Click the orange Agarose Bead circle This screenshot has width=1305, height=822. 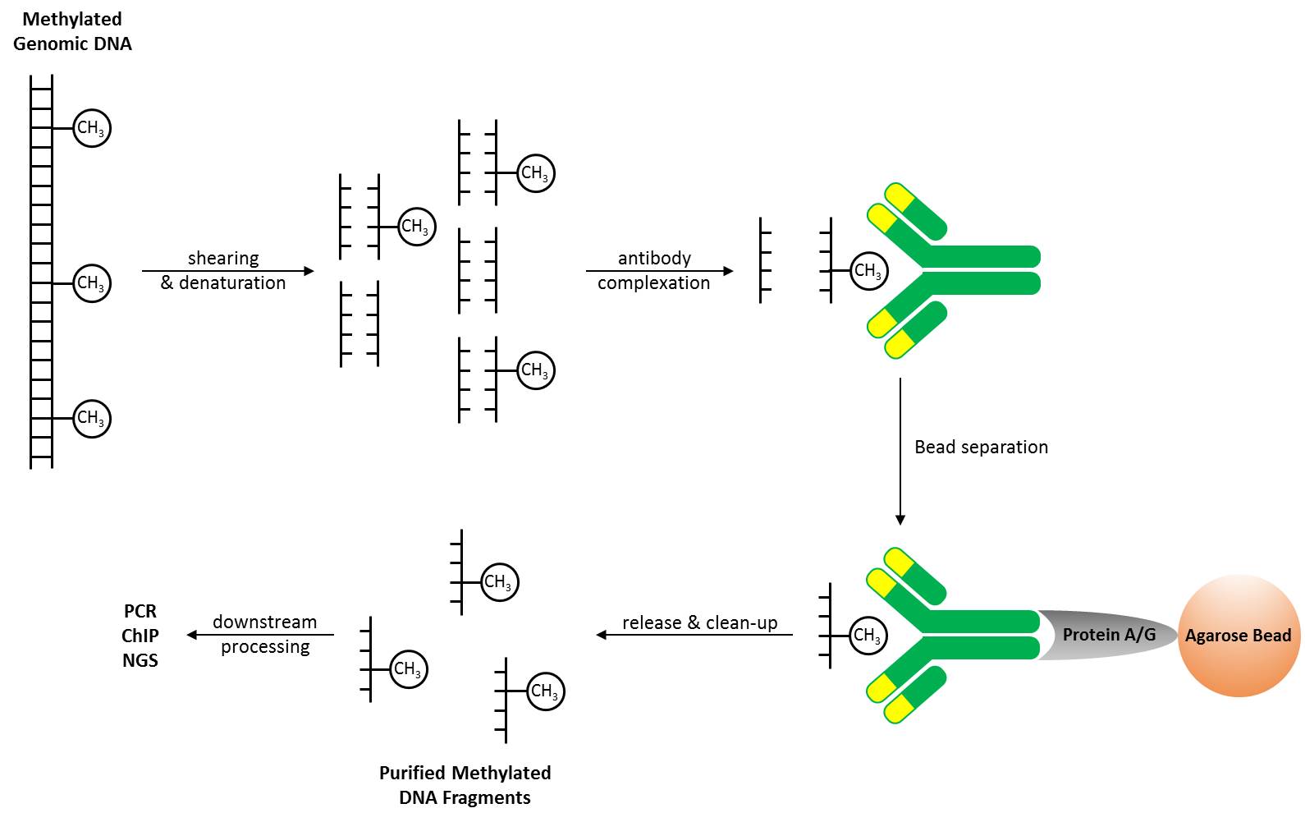click(1239, 636)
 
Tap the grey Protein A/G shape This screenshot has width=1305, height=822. click(1108, 635)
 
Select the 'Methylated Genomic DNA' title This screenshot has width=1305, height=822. click(72, 31)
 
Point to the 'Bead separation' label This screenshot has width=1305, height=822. click(981, 447)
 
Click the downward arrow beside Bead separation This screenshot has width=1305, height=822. click(900, 452)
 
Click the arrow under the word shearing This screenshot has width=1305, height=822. click(227, 271)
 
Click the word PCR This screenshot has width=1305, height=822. click(140, 611)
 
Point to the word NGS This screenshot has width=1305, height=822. click(140, 660)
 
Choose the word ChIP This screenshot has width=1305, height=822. click(140, 636)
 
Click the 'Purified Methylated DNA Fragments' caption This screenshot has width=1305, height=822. click(465, 785)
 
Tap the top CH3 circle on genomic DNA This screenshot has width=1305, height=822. click(91, 128)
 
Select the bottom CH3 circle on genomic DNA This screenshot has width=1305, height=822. click(91, 418)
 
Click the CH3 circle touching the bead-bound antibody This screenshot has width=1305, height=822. click(868, 636)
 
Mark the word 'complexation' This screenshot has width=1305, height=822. click(653, 283)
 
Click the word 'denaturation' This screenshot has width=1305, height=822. click(232, 283)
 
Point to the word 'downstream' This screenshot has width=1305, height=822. click(264, 622)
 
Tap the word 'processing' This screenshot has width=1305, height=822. click(265, 647)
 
